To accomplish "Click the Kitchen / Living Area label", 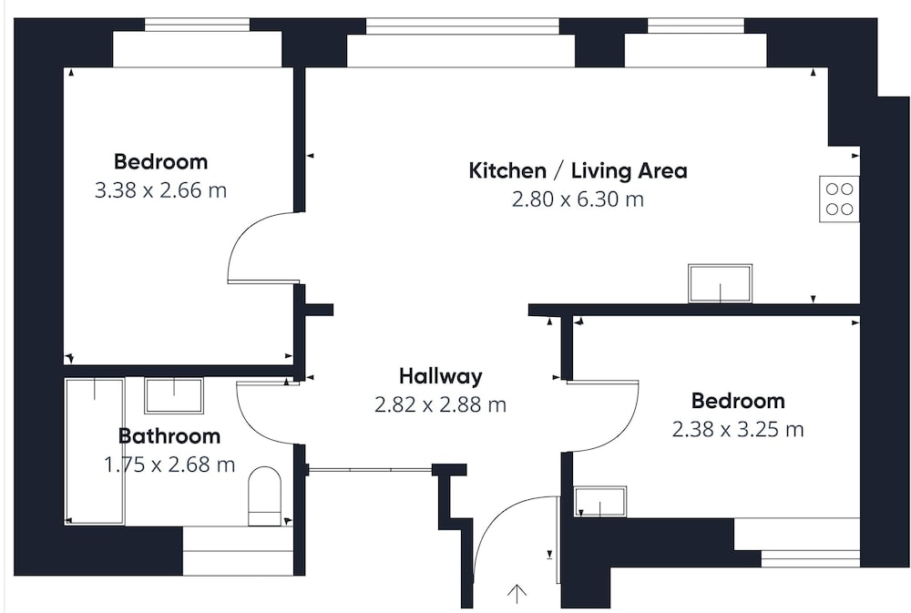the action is click(x=578, y=171).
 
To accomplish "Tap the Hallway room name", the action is click(x=440, y=376).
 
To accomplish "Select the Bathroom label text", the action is click(x=169, y=435).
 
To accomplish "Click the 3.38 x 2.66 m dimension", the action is click(x=160, y=190).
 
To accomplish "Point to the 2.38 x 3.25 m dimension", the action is click(x=738, y=429).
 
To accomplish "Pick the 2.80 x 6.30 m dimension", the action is click(x=578, y=199).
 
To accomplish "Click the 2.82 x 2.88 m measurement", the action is click(x=440, y=404).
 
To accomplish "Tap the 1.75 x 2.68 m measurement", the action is click(x=169, y=465).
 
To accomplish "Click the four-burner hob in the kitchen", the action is click(x=840, y=199).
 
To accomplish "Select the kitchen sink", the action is click(x=721, y=283).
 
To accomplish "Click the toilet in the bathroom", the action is click(x=264, y=496).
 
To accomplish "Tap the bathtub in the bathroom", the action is click(x=95, y=452).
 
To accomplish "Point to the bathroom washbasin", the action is click(x=174, y=395).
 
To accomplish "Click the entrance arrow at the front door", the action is click(x=517, y=594).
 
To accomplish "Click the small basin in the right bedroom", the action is click(x=600, y=502).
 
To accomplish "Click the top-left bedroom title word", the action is click(x=160, y=161).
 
